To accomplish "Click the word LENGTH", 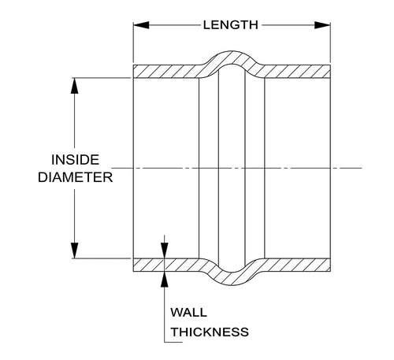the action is pyautogui.click(x=230, y=25).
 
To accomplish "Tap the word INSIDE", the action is pyautogui.click(x=76, y=160).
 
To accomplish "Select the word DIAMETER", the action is pyautogui.click(x=76, y=177).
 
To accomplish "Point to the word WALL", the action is pyautogui.click(x=188, y=313).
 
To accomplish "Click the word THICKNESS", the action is pyautogui.click(x=210, y=332).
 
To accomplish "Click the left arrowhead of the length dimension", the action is pyautogui.click(x=141, y=25).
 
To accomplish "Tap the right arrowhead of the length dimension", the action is pyautogui.click(x=322, y=25).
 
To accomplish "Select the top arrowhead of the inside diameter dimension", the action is pyautogui.click(x=75, y=86).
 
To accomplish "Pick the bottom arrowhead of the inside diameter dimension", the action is pyautogui.click(x=75, y=251).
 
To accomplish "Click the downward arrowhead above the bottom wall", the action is pyautogui.click(x=165, y=251).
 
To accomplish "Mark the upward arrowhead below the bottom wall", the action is pyautogui.click(x=165, y=279).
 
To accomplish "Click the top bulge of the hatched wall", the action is pyautogui.click(x=232, y=58).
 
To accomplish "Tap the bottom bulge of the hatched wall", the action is pyautogui.click(x=232, y=279).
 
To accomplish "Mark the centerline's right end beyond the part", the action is pyautogui.click(x=362, y=168).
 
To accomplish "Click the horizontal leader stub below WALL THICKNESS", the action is pyautogui.click(x=173, y=342).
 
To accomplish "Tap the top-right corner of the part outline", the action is pyautogui.click(x=330, y=65).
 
